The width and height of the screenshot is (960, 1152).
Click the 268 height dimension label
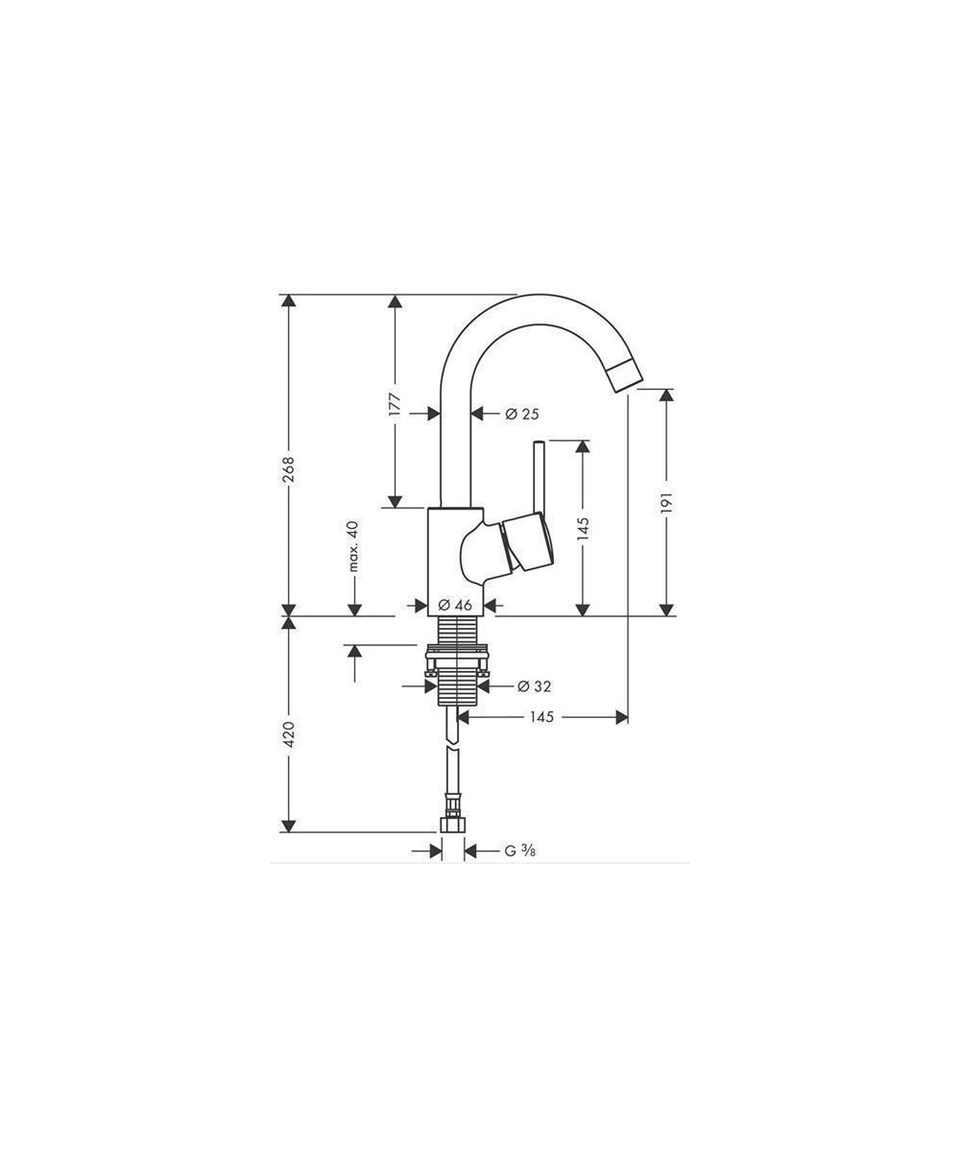(x=289, y=470)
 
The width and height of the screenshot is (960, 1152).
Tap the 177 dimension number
(x=395, y=405)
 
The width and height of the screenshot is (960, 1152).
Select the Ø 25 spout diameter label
(x=522, y=413)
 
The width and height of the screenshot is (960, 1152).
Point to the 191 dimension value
(x=666, y=503)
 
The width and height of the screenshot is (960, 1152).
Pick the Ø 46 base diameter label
(x=455, y=605)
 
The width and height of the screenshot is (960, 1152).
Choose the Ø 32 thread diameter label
(x=534, y=686)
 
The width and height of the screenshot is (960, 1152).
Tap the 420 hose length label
(x=289, y=734)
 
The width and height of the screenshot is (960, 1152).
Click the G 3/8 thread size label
(x=520, y=851)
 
